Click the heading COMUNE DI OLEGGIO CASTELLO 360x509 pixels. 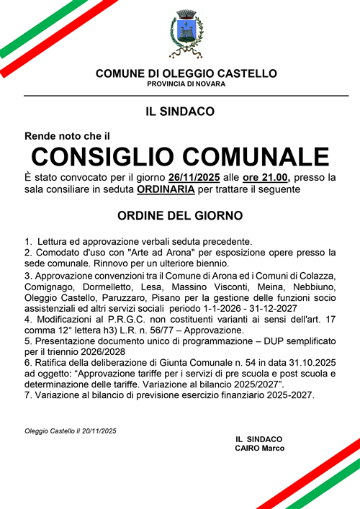[186, 73]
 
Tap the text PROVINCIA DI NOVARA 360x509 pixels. [186, 84]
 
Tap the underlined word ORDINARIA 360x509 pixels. [166, 189]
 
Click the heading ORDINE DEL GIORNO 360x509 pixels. [180, 215]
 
